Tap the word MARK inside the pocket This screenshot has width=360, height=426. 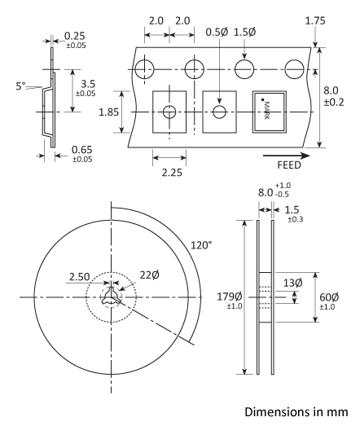266,109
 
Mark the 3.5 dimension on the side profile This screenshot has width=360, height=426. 86,81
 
